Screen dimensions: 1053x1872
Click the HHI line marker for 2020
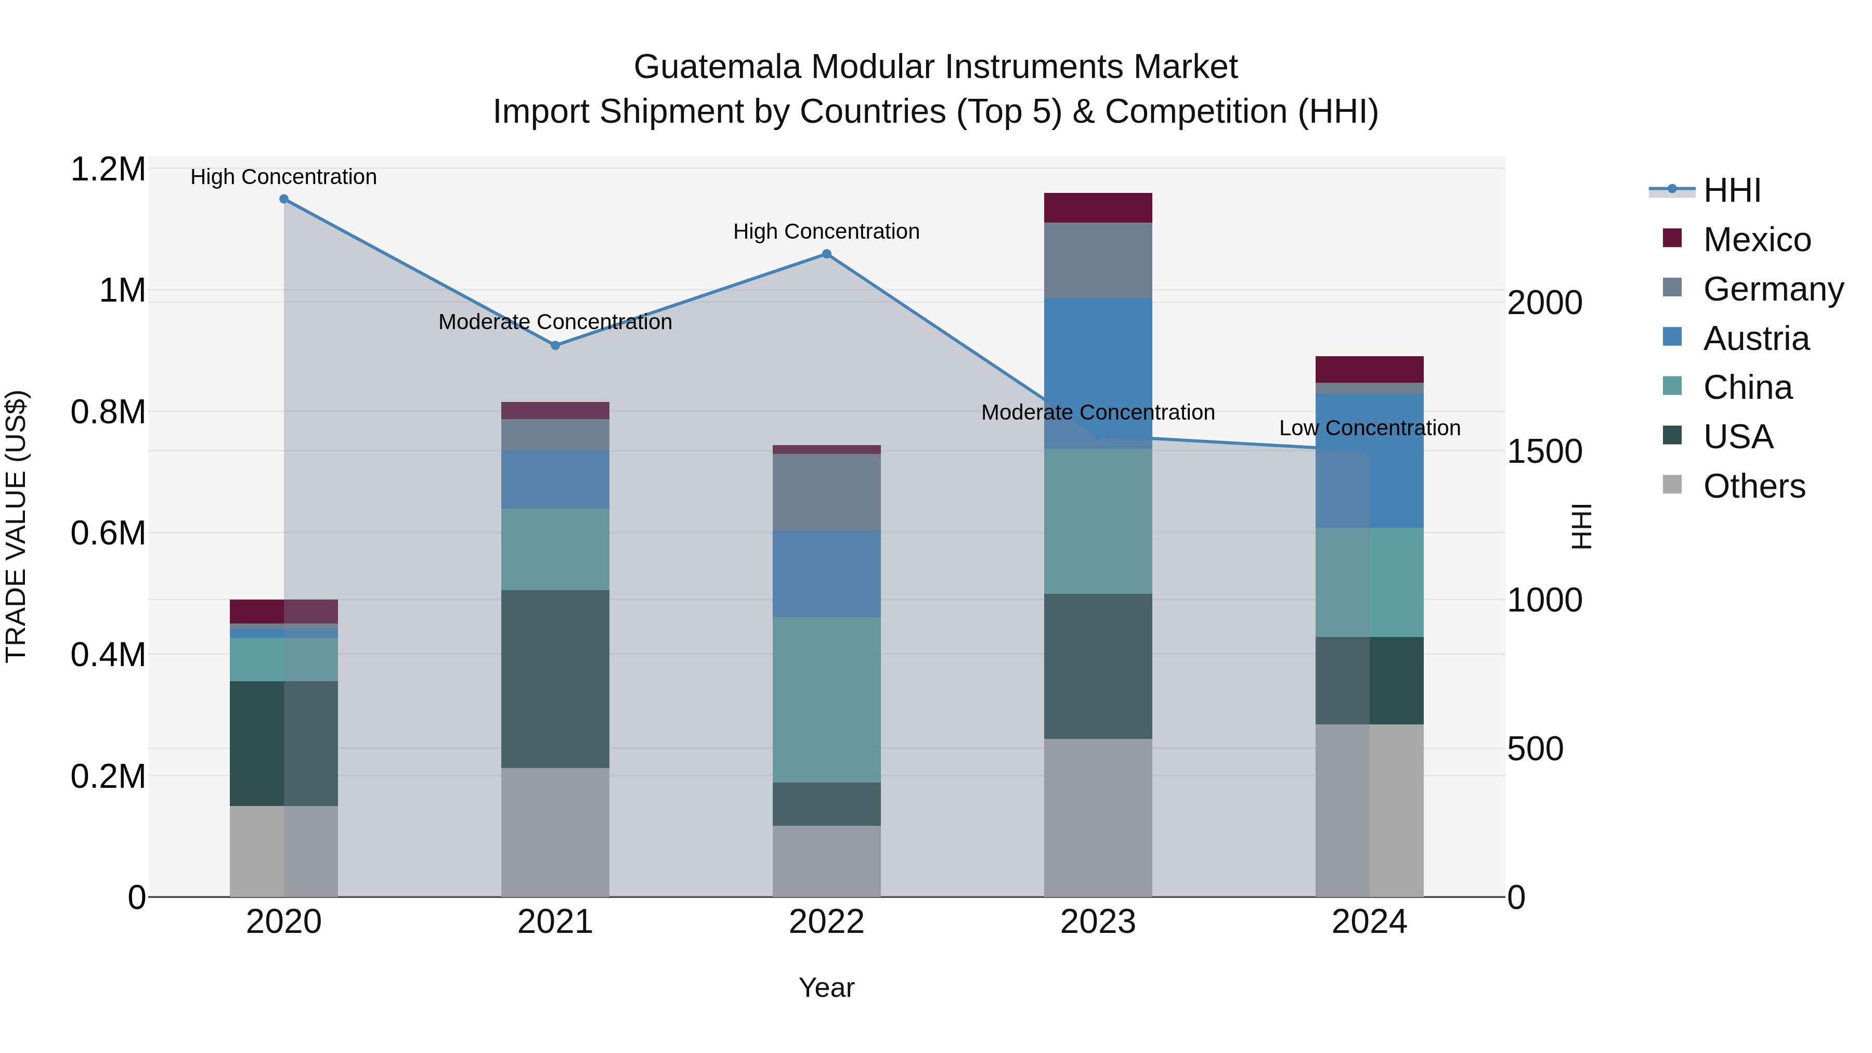[x=284, y=199]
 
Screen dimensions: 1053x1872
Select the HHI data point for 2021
[x=555, y=345]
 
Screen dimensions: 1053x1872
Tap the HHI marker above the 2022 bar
[x=826, y=254]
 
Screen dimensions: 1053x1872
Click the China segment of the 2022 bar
[x=826, y=700]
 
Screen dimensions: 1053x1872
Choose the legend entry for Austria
[x=1755, y=339]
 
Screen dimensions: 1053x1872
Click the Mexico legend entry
[x=1757, y=240]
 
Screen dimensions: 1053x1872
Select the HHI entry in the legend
[x=1731, y=190]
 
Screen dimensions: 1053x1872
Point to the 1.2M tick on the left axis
[x=108, y=170]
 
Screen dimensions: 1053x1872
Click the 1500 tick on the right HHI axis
[x=1544, y=451]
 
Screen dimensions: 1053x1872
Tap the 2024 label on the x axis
[x=1369, y=922]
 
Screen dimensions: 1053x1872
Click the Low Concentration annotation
[x=1369, y=428]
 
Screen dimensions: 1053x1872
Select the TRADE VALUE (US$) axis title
[x=16, y=526]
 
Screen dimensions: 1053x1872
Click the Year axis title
[x=826, y=987]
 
